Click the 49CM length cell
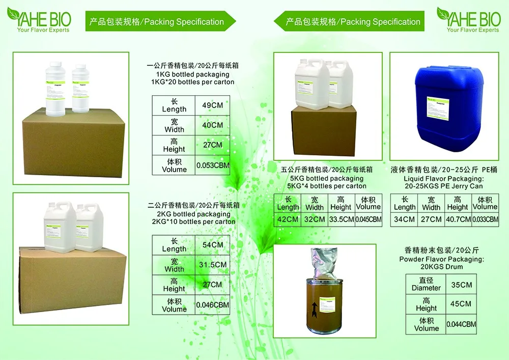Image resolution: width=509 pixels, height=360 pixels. coord(213,105)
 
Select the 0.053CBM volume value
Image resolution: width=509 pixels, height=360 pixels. coord(213,165)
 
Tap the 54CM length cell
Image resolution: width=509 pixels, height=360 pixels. coord(213,245)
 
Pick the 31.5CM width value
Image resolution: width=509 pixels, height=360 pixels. coord(213,265)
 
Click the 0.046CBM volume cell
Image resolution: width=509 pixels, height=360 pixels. coord(213,305)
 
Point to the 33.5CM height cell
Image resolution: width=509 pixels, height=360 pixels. coord(341,219)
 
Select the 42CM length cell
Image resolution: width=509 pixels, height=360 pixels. coord(288,219)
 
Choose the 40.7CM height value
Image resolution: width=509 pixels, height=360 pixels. coord(458,219)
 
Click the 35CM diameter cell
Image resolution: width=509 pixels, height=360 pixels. coord(462,285)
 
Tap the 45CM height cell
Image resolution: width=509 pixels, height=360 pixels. coord(462,304)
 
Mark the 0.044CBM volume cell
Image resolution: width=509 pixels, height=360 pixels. coord(462,324)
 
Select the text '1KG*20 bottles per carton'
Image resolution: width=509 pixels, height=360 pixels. coord(193,81)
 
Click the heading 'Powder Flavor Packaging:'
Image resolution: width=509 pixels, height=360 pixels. coord(441,259)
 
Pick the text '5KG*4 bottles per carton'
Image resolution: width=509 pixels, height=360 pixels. coord(327,186)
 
